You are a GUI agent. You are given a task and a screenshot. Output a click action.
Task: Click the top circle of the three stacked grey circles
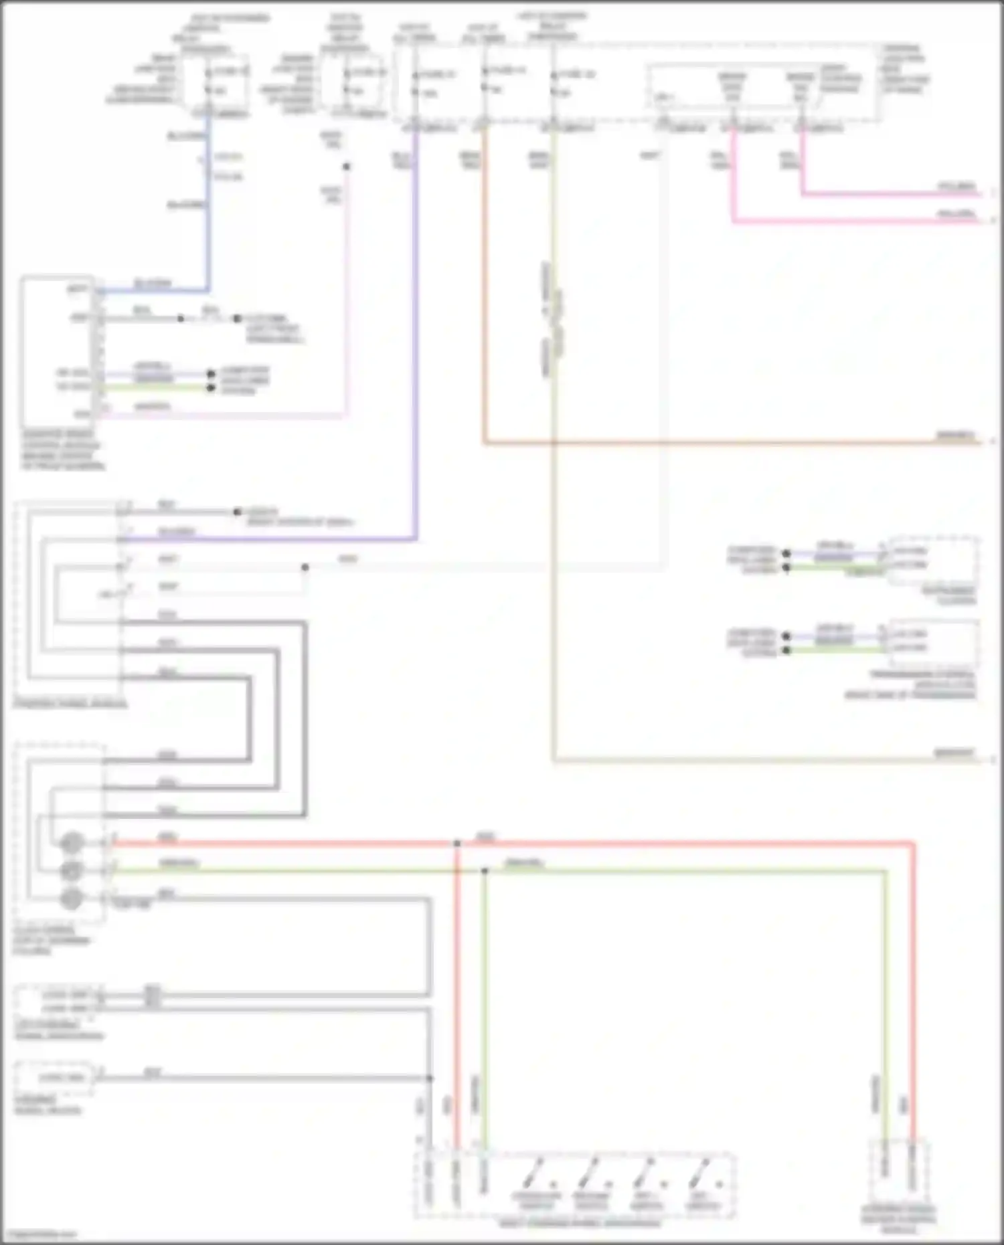(71, 843)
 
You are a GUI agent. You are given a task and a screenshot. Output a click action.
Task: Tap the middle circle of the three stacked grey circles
(71, 870)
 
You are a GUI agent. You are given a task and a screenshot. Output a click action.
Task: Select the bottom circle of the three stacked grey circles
(71, 898)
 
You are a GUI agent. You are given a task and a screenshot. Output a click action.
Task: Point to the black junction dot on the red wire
(457, 844)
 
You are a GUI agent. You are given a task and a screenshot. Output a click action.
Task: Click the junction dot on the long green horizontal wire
(485, 871)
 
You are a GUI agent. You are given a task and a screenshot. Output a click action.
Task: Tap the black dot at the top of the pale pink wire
(346, 167)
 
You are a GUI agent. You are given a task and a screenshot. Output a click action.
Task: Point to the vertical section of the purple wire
(416, 334)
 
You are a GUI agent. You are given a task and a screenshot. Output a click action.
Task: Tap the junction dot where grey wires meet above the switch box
(430, 1078)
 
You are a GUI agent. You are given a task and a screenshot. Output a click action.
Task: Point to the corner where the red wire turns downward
(912, 845)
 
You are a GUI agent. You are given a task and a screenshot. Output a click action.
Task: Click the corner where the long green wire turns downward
(885, 872)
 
